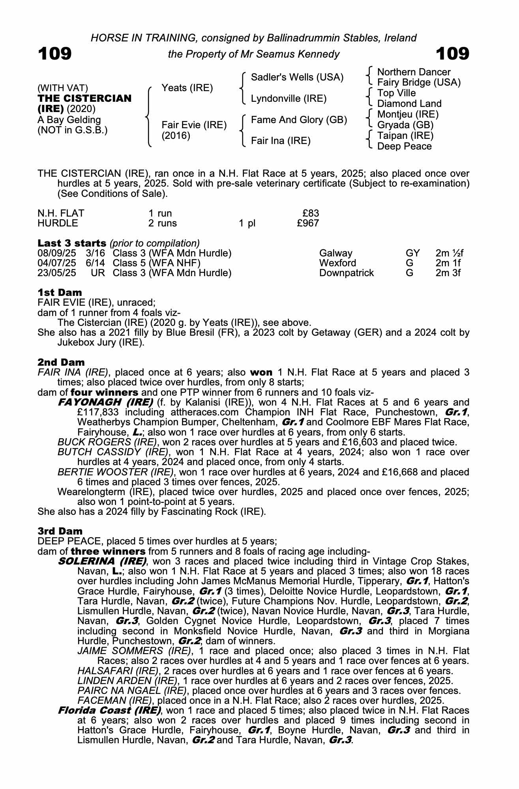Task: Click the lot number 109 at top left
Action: click(54, 54)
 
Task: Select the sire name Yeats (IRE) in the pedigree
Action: click(187, 88)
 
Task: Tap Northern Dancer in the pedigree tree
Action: click(414, 72)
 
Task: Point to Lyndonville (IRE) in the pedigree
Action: click(289, 99)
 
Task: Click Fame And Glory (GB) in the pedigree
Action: click(299, 120)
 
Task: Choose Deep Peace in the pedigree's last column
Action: click(404, 146)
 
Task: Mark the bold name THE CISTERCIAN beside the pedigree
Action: click(84, 98)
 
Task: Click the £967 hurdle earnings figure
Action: click(308, 223)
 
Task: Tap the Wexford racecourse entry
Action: click(337, 263)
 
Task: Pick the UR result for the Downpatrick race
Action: click(98, 273)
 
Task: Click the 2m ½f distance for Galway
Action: click(449, 253)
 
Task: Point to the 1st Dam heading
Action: click(60, 292)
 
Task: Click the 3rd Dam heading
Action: click(60, 531)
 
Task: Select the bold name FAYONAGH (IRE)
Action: click(105, 402)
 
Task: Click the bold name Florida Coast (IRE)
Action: click(109, 710)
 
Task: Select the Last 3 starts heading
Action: click(72, 243)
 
